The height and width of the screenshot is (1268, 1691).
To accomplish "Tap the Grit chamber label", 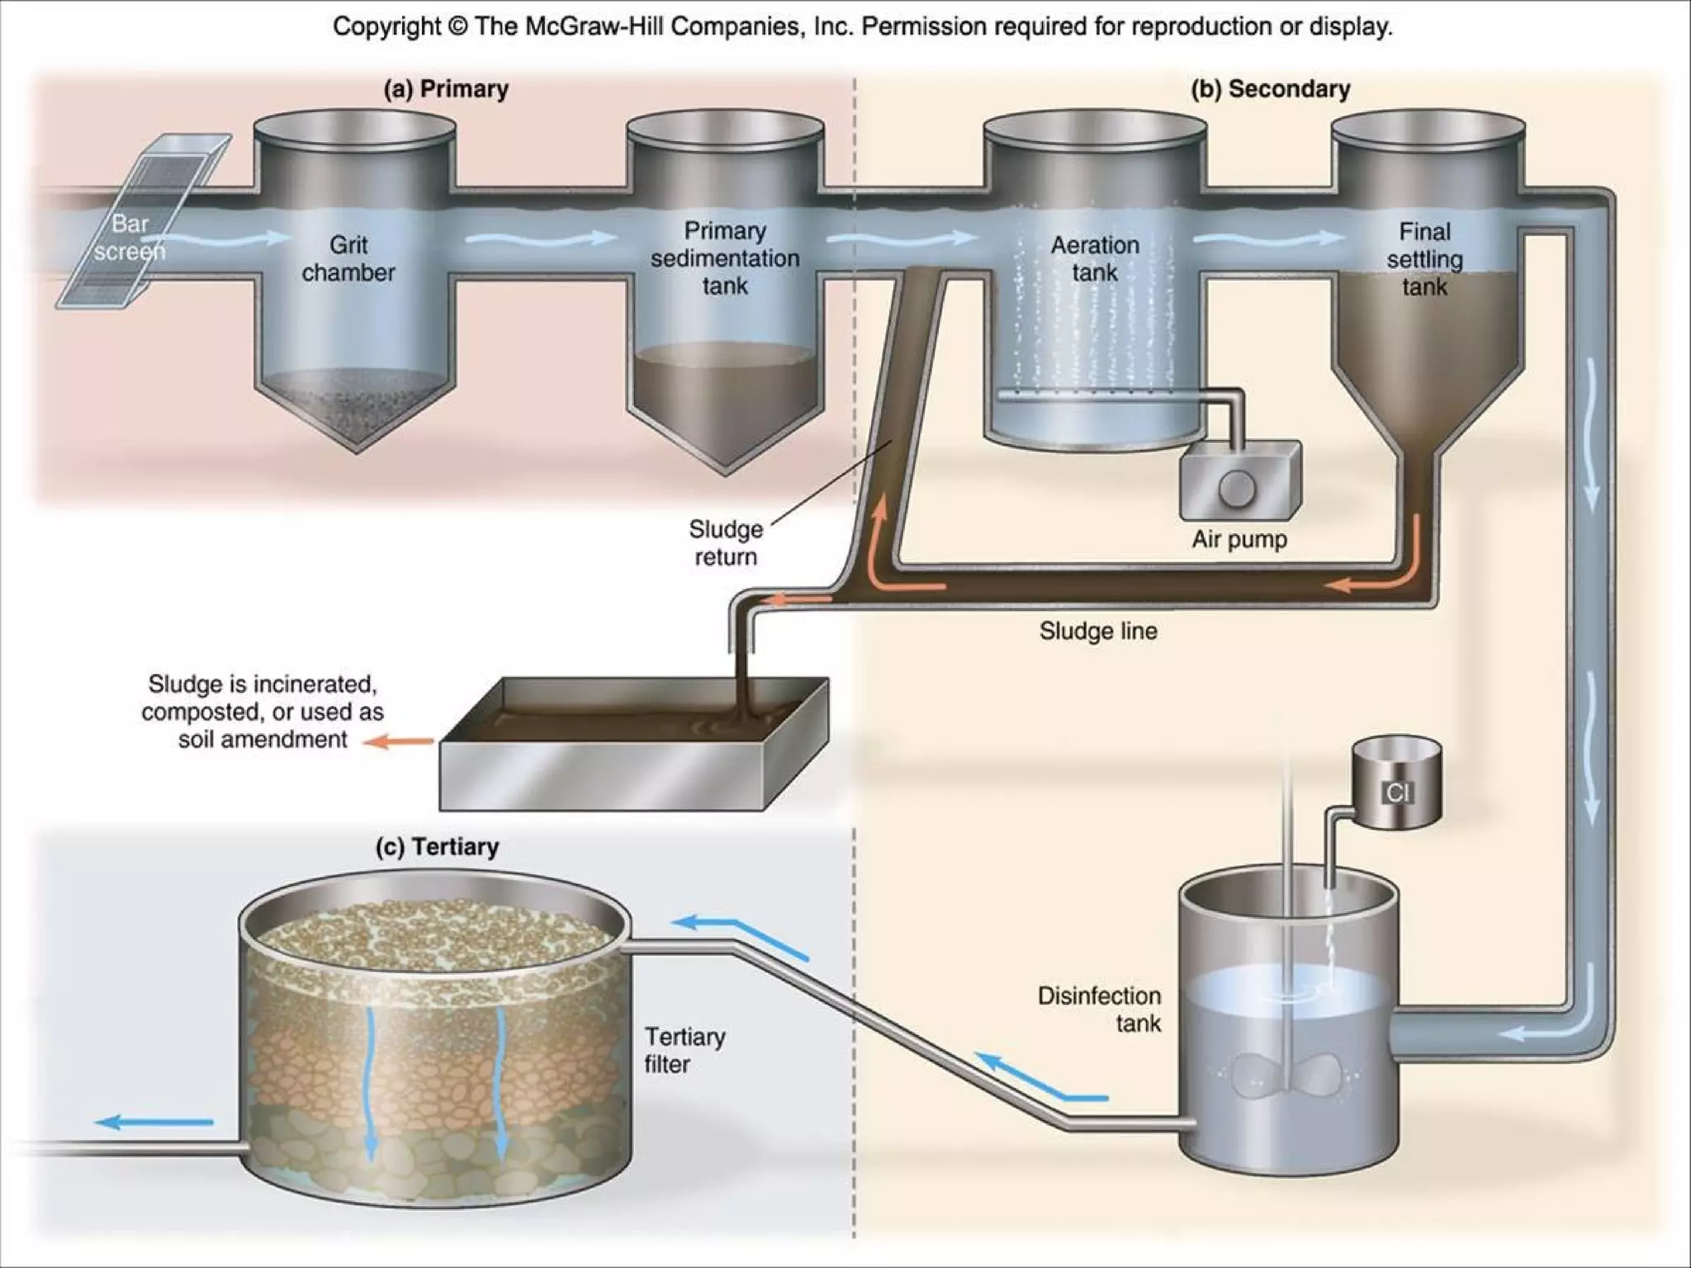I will tap(348, 258).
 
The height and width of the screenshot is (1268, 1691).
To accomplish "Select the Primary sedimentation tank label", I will tap(725, 258).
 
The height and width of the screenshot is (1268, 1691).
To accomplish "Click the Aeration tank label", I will tap(1095, 258).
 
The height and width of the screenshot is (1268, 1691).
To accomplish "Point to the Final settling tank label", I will tap(1424, 258).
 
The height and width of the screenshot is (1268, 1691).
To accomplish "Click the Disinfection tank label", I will tap(1099, 1009).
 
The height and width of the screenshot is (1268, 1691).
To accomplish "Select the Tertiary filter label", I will tap(684, 1050).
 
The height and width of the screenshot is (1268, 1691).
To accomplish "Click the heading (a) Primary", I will tap(446, 88).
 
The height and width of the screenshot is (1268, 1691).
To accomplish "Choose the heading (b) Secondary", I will tap(1270, 88).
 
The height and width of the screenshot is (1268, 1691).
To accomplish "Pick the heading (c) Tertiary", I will tap(437, 847).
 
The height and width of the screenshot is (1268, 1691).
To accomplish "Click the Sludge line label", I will tap(1098, 631).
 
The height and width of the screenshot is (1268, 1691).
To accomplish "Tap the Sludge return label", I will tap(725, 542).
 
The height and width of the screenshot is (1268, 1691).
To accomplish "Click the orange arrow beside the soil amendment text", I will tap(399, 741).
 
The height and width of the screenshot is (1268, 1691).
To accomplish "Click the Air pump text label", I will tap(1239, 539).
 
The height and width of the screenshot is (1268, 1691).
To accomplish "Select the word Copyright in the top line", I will tap(386, 26).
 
